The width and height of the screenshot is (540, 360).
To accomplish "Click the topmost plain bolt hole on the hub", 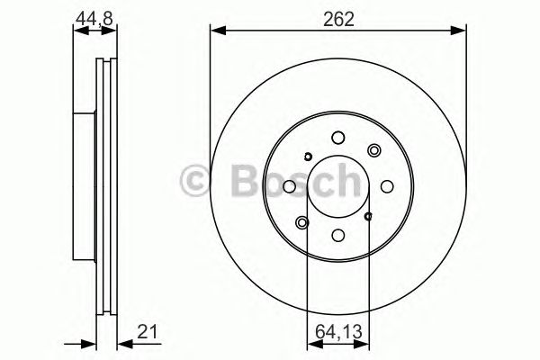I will click(337, 138).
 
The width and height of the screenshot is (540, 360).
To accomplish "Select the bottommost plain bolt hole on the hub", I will click(337, 236).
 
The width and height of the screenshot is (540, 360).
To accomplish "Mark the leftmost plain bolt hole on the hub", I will click(289, 187).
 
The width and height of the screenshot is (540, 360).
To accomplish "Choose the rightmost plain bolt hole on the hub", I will click(387, 187).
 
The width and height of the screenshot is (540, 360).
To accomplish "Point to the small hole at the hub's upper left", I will click(307, 157).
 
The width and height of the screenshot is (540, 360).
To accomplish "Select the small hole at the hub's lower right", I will click(368, 216).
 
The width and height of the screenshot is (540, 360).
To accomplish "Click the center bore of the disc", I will click(337, 187).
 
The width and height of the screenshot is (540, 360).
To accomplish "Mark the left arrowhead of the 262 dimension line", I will click(215, 32).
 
